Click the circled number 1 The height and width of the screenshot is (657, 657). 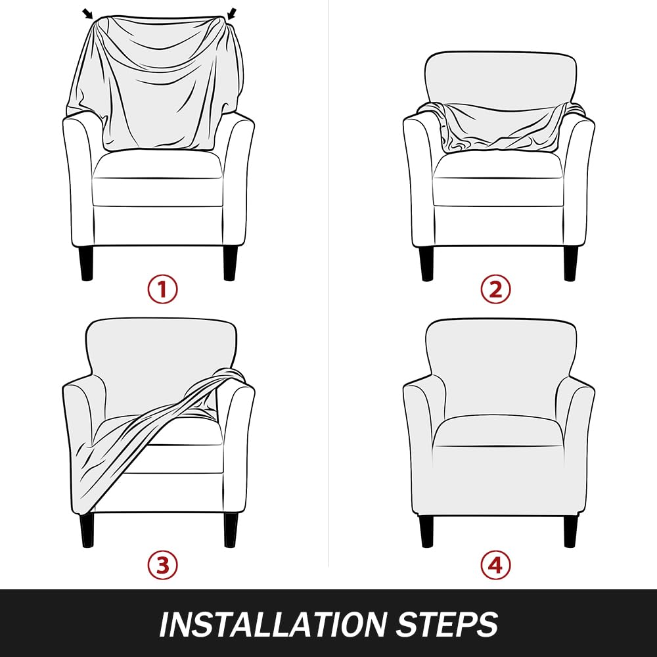pyautogui.click(x=162, y=289)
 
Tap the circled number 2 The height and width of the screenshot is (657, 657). pyautogui.click(x=495, y=289)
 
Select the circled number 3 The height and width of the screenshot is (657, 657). pyautogui.click(x=162, y=565)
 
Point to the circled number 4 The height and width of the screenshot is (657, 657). pyautogui.click(x=495, y=565)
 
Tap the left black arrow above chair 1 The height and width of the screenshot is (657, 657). pyautogui.click(x=87, y=14)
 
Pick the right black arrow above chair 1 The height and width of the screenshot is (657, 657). pyautogui.click(x=232, y=14)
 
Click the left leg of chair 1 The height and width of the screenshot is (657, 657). pyautogui.click(x=86, y=263)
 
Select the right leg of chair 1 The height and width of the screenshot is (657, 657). pyautogui.click(x=230, y=263)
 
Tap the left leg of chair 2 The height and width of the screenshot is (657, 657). pyautogui.click(x=426, y=263)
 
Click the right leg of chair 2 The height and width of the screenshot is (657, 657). pyautogui.click(x=570, y=263)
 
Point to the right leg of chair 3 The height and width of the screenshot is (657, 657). pyautogui.click(x=230, y=530)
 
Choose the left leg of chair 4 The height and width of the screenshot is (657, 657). pyautogui.click(x=426, y=531)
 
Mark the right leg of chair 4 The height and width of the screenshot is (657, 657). pyautogui.click(x=570, y=531)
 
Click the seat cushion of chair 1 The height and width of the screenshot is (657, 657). pyautogui.click(x=157, y=178)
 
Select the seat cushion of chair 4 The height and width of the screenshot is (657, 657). pyautogui.click(x=498, y=432)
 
